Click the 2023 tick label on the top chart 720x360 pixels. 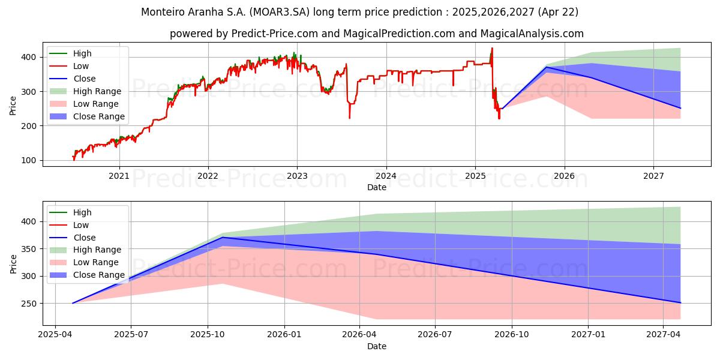click(x=297, y=176)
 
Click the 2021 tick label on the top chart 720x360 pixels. click(x=119, y=176)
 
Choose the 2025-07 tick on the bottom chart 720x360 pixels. click(x=131, y=334)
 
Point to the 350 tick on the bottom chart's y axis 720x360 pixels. click(x=29, y=249)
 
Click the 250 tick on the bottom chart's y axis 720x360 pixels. click(x=29, y=304)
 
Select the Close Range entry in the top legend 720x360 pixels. click(x=98, y=116)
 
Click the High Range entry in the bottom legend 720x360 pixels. click(x=96, y=250)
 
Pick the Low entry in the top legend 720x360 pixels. click(x=80, y=66)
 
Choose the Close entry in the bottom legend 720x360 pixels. click(x=83, y=238)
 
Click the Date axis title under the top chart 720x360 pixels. click(x=376, y=187)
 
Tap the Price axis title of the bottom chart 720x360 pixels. click(x=13, y=262)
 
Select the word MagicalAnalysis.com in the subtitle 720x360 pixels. click(x=534, y=34)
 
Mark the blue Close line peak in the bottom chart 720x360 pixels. click(x=223, y=238)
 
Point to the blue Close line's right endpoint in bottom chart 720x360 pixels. click(x=680, y=302)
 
